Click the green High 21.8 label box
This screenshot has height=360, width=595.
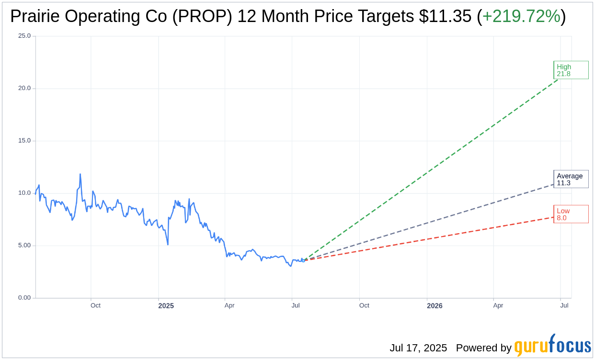tap(571, 70)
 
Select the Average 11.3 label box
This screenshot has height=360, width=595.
tap(571, 179)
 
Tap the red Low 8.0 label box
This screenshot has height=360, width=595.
tap(571, 214)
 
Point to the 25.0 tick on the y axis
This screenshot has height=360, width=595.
tap(24, 36)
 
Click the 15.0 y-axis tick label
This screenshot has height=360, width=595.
tap(24, 141)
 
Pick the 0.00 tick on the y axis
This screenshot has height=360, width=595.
tap(23, 298)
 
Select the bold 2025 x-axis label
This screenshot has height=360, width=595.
tap(166, 305)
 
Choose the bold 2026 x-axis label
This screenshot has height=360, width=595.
tap(435, 305)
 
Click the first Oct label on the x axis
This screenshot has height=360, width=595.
tap(95, 305)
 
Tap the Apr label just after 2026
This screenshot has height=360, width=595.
tap(498, 305)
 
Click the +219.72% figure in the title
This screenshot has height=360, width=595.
tap(521, 16)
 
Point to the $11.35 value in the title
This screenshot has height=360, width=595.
tap(445, 16)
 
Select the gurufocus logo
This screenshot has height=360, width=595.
tap(552, 346)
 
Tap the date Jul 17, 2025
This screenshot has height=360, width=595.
tap(418, 348)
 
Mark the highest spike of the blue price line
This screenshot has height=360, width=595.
tap(80, 175)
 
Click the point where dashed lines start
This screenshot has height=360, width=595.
tap(303, 260)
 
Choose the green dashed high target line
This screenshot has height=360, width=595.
tap(431, 169)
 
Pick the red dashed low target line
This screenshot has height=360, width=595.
tap(431, 237)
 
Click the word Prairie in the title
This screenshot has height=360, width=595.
tap(36, 16)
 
